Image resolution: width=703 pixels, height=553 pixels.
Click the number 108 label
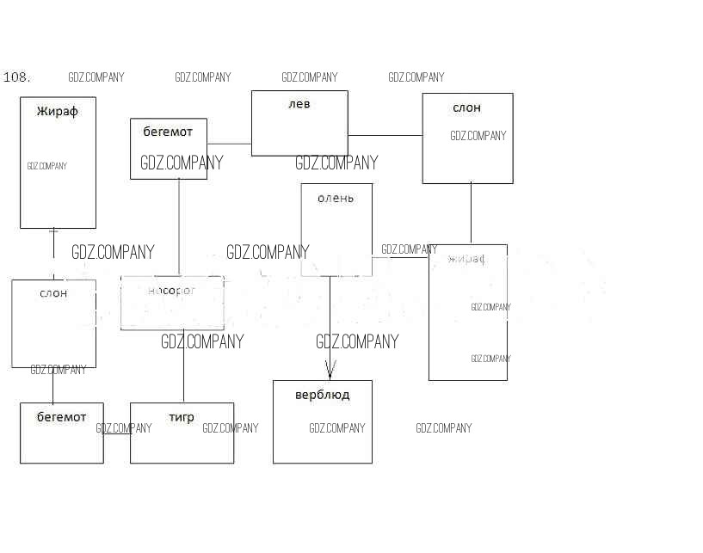17,77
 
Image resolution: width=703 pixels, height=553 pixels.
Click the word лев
299,104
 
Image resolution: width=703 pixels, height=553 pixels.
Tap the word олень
336,198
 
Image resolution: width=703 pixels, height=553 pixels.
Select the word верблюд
322,395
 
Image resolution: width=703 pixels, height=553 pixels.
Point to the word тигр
182,417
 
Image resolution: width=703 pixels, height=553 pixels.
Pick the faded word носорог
172,291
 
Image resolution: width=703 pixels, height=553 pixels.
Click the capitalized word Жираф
58,111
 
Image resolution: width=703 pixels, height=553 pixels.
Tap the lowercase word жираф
467,258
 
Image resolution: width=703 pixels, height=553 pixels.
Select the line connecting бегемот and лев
229,144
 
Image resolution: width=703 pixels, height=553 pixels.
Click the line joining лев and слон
385,135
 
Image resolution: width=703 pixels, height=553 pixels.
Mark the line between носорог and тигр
183,366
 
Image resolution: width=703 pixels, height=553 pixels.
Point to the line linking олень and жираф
400,257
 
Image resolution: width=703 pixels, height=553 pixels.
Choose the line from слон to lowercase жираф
471,213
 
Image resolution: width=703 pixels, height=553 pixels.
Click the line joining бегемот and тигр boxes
116,433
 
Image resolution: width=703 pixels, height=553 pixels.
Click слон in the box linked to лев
467,108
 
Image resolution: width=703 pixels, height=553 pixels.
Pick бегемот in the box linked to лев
168,132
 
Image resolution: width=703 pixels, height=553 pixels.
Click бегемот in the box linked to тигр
61,417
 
